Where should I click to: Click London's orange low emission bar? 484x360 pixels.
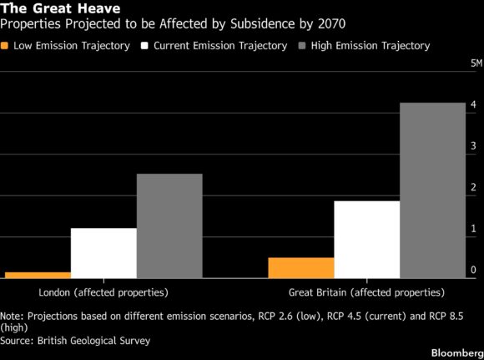click(x=38, y=275)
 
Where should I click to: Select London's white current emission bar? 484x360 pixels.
click(x=103, y=253)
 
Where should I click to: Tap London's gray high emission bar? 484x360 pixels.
click(x=169, y=226)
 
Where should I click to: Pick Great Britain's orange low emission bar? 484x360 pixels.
click(x=301, y=268)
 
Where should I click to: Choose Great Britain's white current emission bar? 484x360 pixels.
click(x=366, y=240)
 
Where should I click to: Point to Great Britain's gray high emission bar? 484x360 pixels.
click(x=432, y=190)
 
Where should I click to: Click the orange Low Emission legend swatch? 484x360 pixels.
click(x=4, y=46)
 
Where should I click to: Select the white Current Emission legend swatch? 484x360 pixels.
click(x=144, y=46)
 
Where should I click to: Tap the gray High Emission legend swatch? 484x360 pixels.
click(x=302, y=46)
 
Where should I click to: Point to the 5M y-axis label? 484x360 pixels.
click(x=476, y=63)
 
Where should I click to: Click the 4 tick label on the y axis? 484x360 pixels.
click(x=473, y=104)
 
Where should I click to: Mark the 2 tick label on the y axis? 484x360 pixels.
click(x=473, y=187)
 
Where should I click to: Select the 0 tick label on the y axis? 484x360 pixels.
click(x=473, y=270)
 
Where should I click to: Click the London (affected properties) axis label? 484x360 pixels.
click(x=103, y=292)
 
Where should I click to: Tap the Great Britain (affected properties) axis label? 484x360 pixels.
click(x=366, y=292)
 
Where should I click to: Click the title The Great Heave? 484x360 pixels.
click(x=60, y=8)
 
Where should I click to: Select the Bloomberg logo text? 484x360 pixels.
click(x=457, y=352)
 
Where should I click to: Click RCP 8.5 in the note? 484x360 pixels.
click(x=446, y=316)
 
